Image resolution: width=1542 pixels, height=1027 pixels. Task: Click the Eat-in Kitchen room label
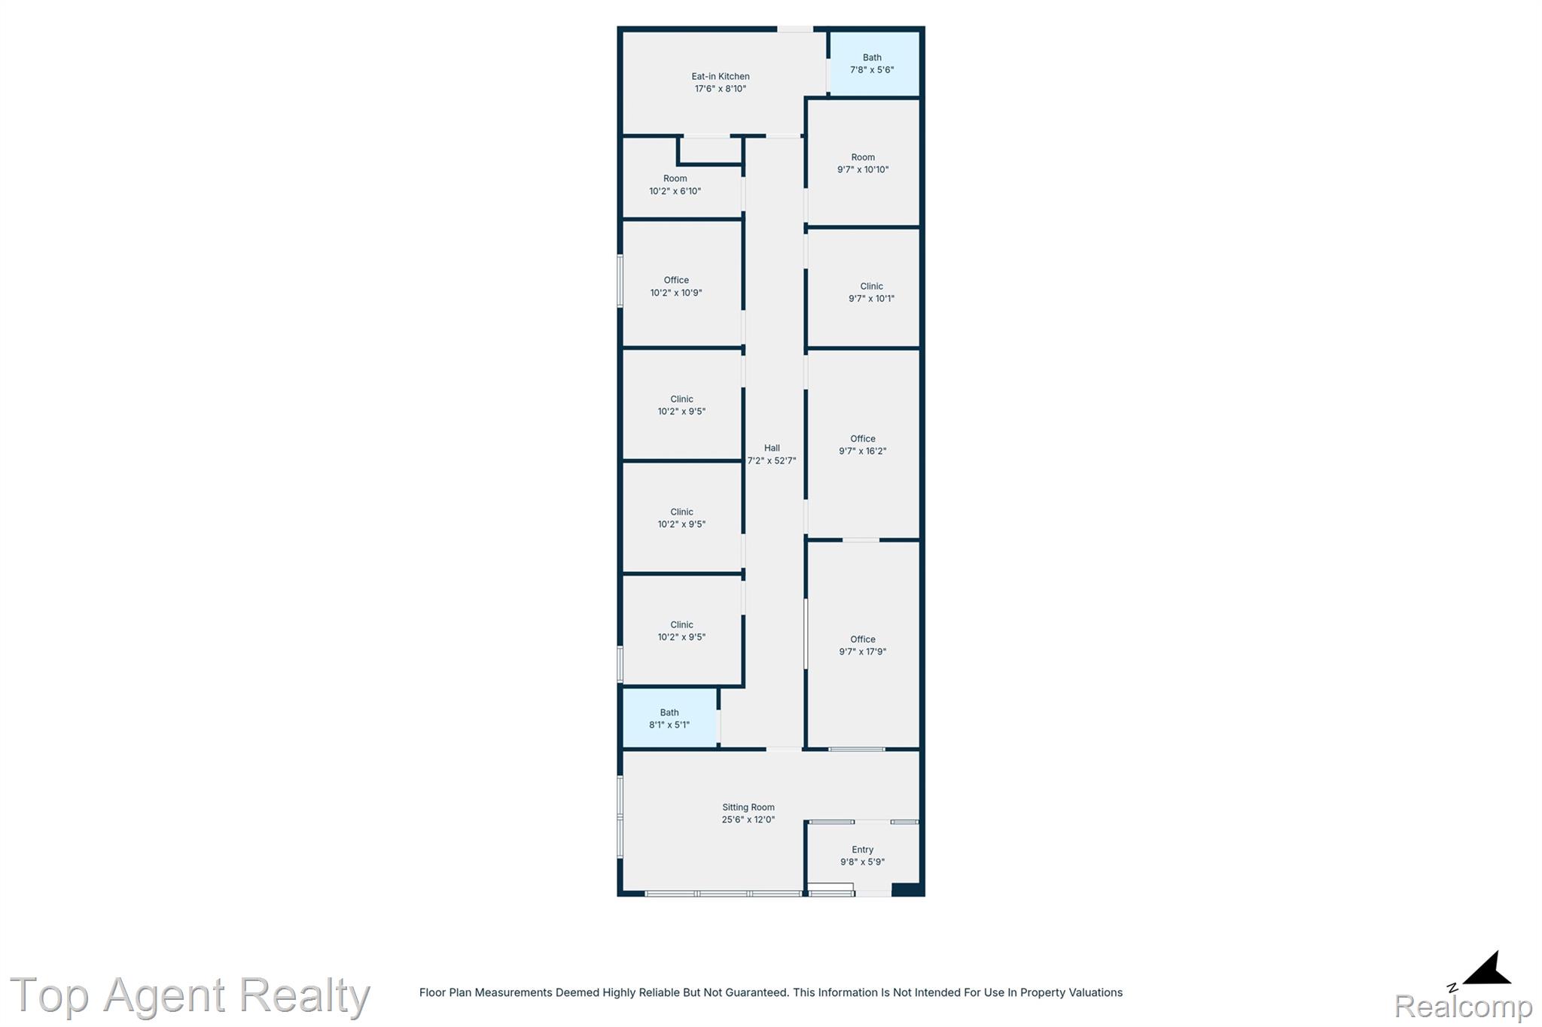coord(721,76)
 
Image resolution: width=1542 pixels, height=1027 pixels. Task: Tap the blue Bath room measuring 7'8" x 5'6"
coord(873,63)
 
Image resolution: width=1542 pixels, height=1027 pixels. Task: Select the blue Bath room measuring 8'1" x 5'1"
coord(669,718)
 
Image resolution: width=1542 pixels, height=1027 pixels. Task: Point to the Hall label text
coord(772,448)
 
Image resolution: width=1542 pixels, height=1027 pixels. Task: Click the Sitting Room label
coord(748,807)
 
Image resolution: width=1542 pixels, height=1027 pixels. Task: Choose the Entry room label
coord(863,849)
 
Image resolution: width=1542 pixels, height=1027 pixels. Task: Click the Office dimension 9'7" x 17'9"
coord(863,652)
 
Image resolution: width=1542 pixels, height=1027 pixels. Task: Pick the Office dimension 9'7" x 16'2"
coord(863,451)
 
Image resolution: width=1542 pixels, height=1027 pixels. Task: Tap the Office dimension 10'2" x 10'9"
coord(676,293)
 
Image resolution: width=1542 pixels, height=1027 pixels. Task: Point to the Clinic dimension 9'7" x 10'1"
coord(871,298)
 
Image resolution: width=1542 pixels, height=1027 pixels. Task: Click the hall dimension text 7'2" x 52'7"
coord(772,460)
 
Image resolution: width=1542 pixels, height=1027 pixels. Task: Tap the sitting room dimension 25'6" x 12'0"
coord(748,819)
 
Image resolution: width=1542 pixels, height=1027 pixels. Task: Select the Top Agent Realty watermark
coord(190,995)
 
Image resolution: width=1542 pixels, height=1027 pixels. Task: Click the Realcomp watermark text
coord(1463,1006)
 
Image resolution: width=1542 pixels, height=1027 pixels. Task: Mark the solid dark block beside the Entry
coord(907,889)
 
